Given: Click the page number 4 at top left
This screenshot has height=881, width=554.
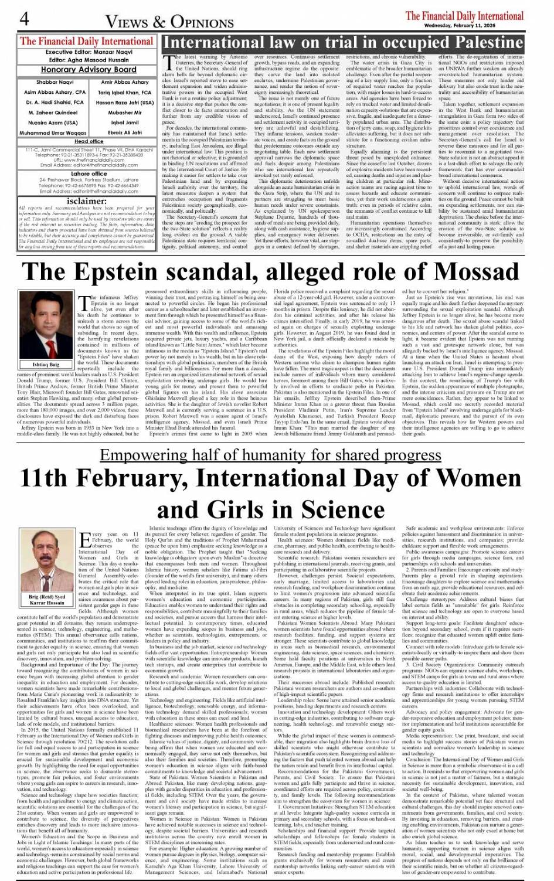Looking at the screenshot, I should coord(24,19).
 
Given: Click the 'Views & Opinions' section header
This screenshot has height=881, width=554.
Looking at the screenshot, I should coord(169,22).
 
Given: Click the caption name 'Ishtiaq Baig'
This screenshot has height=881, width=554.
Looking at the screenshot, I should coord(46,365).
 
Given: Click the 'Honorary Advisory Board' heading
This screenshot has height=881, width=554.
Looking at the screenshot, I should coord(88,69).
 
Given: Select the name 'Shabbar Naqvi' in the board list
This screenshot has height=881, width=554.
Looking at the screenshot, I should coord(55,83).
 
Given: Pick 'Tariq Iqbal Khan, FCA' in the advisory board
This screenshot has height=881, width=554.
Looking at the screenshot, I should coord(124,92).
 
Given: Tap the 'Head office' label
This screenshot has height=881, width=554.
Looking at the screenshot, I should coord(89,141).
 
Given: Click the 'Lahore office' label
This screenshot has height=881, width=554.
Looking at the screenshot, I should coord(89,174).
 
